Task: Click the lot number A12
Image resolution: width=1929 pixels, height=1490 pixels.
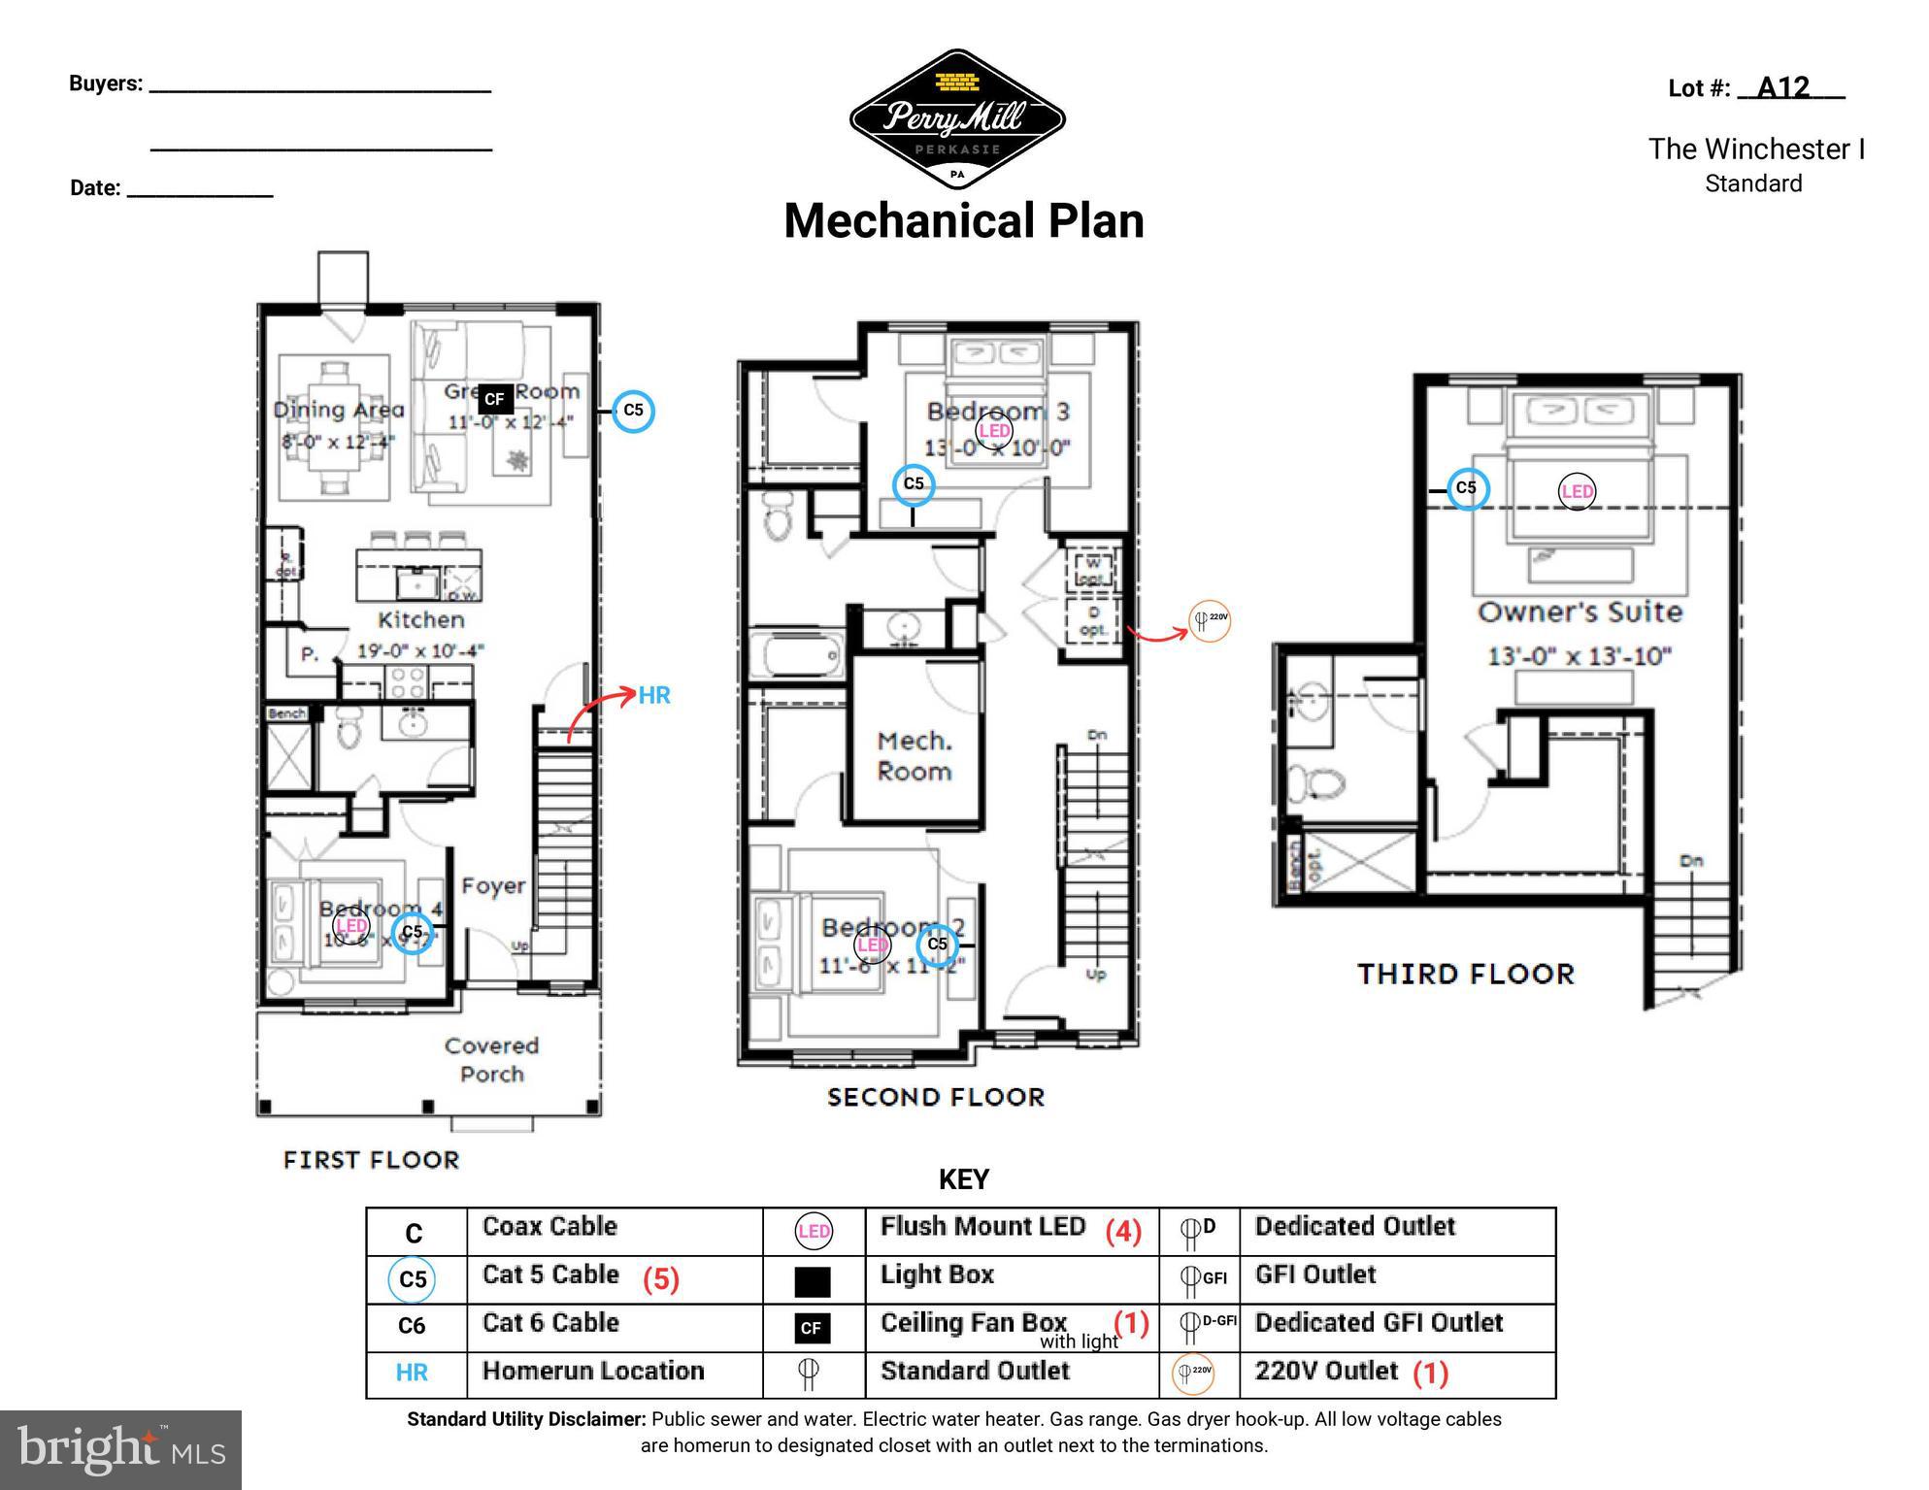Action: [1784, 88]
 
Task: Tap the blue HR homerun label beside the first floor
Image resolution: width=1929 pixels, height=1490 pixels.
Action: [654, 695]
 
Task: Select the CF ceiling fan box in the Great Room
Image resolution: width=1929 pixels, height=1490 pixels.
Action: [495, 399]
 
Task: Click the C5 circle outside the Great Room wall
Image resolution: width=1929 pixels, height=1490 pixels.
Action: [633, 411]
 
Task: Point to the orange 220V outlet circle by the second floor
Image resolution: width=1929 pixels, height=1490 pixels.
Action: [1210, 619]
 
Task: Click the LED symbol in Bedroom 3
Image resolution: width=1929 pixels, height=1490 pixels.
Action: [994, 430]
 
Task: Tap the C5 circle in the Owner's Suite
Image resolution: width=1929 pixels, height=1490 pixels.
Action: [1466, 487]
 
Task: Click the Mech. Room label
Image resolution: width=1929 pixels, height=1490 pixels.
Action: [914, 756]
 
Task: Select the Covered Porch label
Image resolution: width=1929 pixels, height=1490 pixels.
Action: [491, 1059]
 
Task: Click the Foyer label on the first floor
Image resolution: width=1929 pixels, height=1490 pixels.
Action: [493, 885]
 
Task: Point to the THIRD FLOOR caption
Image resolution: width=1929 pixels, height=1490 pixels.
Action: [1465, 974]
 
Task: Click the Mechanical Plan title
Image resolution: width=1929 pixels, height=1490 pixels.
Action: [963, 220]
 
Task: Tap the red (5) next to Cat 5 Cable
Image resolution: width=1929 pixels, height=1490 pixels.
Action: [660, 1278]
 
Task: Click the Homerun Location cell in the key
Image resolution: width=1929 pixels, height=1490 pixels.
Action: [592, 1371]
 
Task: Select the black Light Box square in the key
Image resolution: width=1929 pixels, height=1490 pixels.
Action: [813, 1281]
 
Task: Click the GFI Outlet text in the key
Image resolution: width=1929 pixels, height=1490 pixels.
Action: [1314, 1275]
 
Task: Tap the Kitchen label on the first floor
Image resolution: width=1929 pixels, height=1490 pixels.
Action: [420, 619]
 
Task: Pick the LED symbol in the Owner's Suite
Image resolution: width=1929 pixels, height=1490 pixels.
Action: [1576, 491]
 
